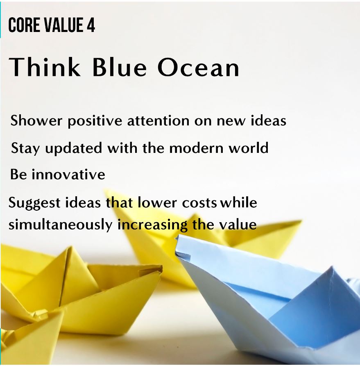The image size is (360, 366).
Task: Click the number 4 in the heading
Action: [x=91, y=25]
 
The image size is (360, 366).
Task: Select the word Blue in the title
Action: [x=120, y=67]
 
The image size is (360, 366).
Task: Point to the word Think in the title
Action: [x=45, y=67]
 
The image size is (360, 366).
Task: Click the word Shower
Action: [x=36, y=120]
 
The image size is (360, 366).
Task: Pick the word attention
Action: [x=158, y=121]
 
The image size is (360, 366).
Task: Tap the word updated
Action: [x=73, y=148]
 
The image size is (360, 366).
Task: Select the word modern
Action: [x=196, y=148]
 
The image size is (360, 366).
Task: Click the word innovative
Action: [x=68, y=174]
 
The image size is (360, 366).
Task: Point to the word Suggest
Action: [x=34, y=202]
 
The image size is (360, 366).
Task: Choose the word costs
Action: [x=199, y=203]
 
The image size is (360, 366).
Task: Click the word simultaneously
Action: [x=61, y=225]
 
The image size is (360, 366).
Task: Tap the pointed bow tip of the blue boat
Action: [x=177, y=237]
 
